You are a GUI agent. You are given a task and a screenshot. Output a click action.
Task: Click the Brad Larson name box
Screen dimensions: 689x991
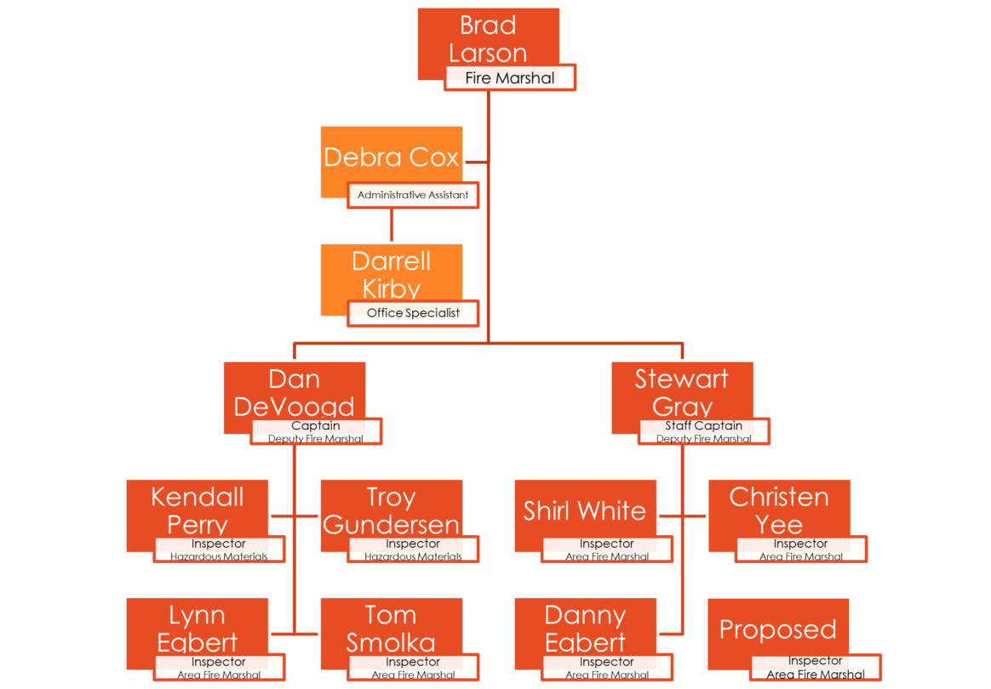pyautogui.click(x=488, y=38)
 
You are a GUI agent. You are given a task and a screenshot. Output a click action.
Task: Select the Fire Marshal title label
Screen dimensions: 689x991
pyautogui.click(x=510, y=78)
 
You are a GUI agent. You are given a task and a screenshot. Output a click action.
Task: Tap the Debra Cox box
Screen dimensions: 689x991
pyautogui.click(x=392, y=157)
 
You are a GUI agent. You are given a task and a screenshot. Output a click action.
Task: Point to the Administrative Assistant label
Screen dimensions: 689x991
pyautogui.click(x=413, y=195)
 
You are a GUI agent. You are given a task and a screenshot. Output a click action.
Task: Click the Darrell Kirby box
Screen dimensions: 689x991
pyautogui.click(x=392, y=274)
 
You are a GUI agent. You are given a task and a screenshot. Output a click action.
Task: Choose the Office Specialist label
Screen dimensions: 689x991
pyautogui.click(x=413, y=313)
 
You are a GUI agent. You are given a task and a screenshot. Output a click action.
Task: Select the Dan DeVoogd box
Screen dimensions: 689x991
pyautogui.click(x=295, y=392)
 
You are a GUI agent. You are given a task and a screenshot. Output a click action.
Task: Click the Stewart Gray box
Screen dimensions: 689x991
pyautogui.click(x=682, y=392)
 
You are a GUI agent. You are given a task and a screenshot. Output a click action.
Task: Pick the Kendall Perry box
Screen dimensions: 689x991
pyautogui.click(x=198, y=510)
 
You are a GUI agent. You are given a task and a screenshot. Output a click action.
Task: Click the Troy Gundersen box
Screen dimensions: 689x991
pyautogui.click(x=392, y=510)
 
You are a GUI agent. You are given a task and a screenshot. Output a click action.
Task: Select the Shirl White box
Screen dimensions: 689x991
pyautogui.click(x=585, y=510)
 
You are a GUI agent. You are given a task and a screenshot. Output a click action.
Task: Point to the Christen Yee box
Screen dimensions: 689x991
pyautogui.click(x=779, y=510)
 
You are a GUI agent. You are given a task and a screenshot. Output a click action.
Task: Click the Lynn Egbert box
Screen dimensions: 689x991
pyautogui.click(x=198, y=629)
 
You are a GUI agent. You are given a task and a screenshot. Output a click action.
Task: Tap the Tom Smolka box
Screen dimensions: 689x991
pyautogui.click(x=392, y=629)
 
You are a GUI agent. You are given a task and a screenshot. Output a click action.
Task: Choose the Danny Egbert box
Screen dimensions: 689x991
pyautogui.click(x=585, y=629)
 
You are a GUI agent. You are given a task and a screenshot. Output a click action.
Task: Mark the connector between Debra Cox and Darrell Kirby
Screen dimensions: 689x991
pyautogui.click(x=392, y=225)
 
